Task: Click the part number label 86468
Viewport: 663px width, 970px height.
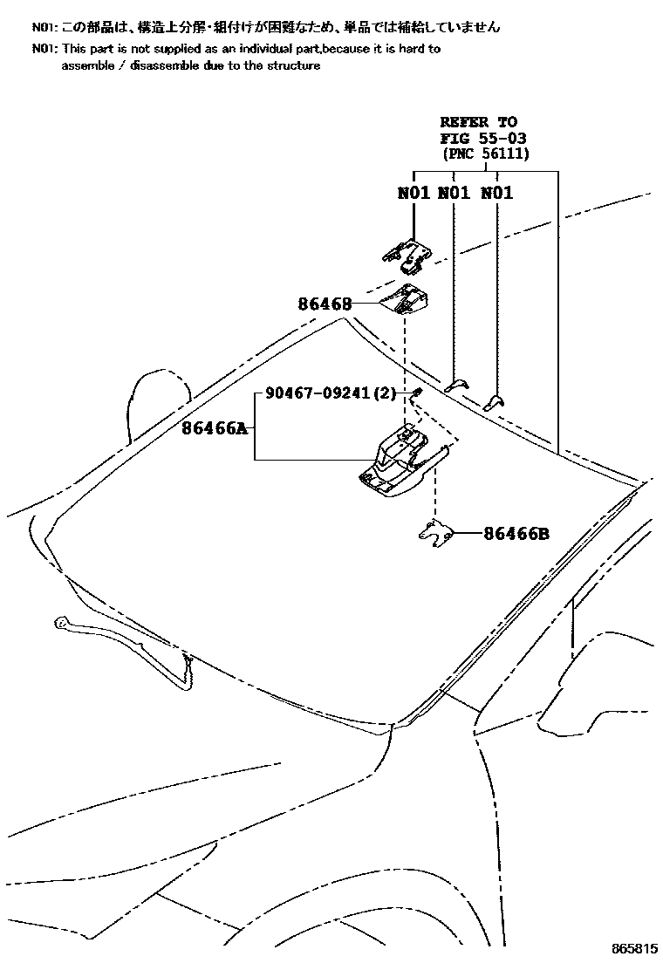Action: (325, 304)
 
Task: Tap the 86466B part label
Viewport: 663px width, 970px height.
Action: (516, 534)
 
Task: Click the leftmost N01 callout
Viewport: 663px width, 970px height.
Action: (414, 193)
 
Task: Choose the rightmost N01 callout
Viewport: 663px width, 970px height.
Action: (496, 193)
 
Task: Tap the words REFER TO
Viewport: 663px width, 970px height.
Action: (478, 122)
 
